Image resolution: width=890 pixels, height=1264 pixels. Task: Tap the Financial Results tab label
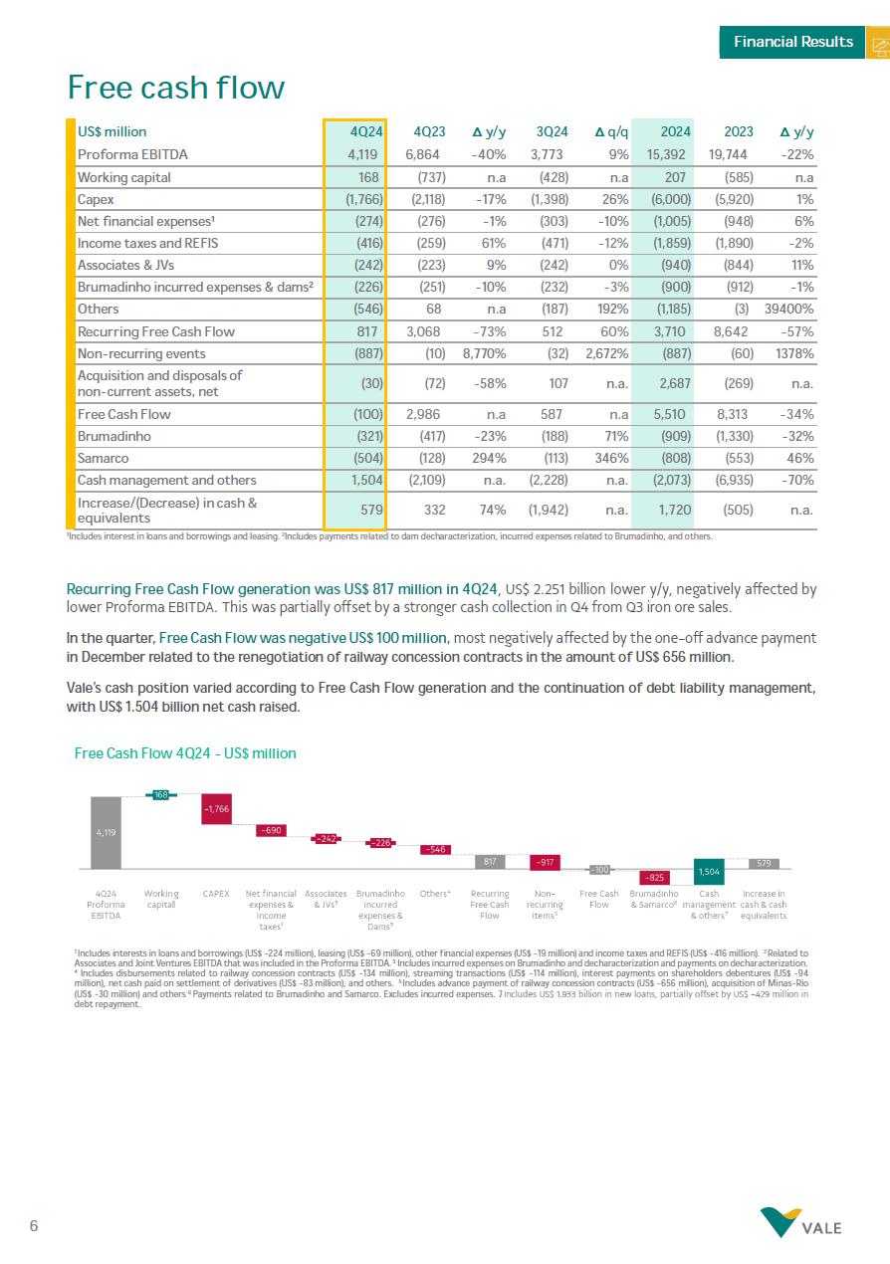click(792, 42)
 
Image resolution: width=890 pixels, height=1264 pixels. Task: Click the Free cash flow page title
click(175, 89)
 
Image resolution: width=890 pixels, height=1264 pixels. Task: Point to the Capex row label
click(96, 199)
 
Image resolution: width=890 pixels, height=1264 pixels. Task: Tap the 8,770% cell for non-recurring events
click(485, 353)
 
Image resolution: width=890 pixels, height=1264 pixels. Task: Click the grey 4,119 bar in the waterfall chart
click(106, 833)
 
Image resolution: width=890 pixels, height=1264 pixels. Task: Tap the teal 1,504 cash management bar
click(709, 871)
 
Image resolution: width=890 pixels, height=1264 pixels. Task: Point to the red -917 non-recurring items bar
click(545, 861)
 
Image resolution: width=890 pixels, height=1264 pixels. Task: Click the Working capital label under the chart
click(161, 899)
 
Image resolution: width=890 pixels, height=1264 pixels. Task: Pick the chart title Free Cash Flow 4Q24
click(185, 753)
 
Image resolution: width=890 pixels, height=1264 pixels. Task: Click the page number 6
click(34, 1226)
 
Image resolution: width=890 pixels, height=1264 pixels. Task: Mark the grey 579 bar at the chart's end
click(764, 863)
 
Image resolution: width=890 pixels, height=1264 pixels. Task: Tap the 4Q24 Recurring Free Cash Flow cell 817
click(364, 331)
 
